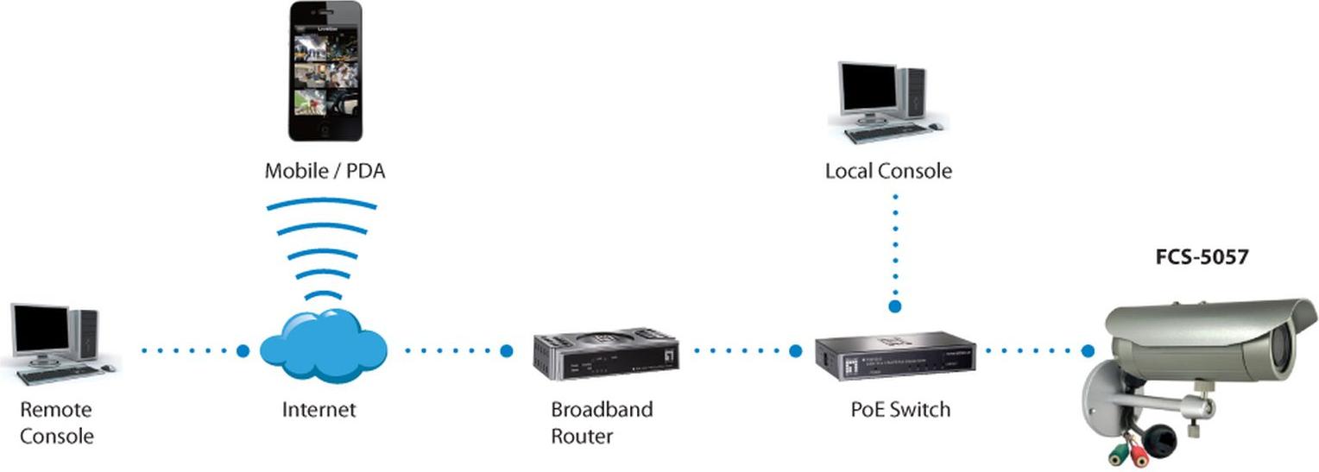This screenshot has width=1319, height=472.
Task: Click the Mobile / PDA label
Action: pos(325,171)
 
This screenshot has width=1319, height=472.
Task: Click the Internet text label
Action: pos(319,409)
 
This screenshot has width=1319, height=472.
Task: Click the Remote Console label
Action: pos(56,422)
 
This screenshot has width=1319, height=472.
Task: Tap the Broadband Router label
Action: pos(602,422)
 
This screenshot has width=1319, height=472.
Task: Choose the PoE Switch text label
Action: pos(900,409)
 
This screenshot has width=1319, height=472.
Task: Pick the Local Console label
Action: pos(888,171)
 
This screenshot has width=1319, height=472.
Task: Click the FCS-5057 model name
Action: pos(1202,256)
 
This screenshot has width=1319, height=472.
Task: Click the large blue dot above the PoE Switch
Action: pos(895,305)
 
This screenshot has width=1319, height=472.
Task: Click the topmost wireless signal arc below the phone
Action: pos(322,205)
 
